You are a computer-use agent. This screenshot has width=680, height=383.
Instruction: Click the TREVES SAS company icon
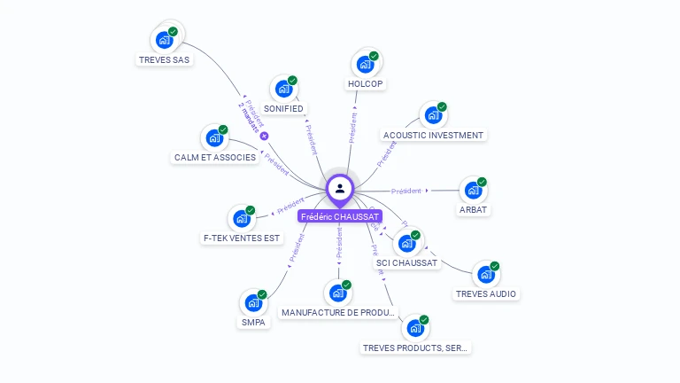[164, 40]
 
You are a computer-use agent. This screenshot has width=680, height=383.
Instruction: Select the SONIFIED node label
[283, 109]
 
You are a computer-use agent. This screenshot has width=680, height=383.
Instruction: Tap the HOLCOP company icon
[365, 64]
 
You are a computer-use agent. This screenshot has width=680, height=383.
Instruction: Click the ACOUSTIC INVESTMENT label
[433, 136]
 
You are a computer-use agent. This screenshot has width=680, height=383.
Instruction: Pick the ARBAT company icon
[473, 190]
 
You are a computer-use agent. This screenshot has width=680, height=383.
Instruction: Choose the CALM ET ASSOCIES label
[214, 158]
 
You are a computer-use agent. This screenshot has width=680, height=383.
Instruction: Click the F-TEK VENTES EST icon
[241, 218]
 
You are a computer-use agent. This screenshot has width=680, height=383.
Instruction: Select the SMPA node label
[253, 323]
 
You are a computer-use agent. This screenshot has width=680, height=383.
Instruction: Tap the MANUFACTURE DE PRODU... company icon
[336, 293]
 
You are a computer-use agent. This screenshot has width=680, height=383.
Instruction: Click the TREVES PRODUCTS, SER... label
[415, 348]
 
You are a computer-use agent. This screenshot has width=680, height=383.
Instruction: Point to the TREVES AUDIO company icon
[485, 275]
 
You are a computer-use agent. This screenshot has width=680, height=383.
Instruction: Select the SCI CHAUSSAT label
[406, 263]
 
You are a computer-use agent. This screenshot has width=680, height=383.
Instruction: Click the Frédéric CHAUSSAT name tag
[340, 216]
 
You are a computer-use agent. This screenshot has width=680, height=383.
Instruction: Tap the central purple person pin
[339, 188]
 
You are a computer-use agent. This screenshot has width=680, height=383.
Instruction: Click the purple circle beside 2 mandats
[264, 136]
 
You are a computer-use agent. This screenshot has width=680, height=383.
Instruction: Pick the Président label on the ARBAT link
[406, 191]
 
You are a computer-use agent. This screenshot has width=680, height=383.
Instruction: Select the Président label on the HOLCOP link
[353, 128]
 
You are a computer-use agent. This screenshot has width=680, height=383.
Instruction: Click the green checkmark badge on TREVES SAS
[174, 31]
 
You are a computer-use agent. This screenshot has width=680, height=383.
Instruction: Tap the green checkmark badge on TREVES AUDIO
[495, 266]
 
